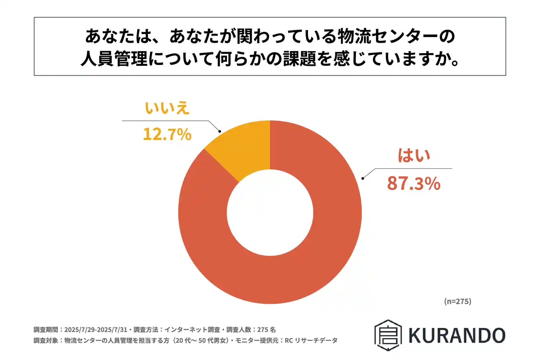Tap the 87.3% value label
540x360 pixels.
coord(413,184)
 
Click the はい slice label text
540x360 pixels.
coord(414,156)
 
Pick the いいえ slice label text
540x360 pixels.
coord(167,108)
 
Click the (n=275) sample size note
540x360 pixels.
coord(457,301)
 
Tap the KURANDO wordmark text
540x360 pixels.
coord(456,335)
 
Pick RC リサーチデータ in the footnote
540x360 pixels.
coord(315,340)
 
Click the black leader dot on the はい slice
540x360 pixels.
coord(362,179)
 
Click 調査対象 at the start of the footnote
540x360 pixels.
coord(46,340)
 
